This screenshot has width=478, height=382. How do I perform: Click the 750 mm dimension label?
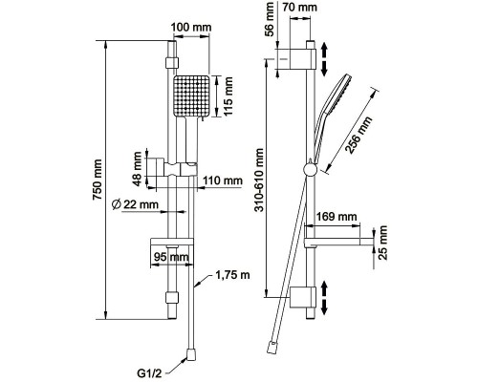click(98, 180)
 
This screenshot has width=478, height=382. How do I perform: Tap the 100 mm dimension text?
click(191, 28)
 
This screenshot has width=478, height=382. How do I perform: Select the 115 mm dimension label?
click(228, 96)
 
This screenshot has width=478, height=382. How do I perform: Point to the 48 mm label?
click(138, 169)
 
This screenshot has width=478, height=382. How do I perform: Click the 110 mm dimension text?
click(223, 180)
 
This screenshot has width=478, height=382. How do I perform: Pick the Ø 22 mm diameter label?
click(135, 204)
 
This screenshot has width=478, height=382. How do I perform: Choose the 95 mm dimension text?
click(171, 257)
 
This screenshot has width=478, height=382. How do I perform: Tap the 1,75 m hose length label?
click(232, 275)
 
